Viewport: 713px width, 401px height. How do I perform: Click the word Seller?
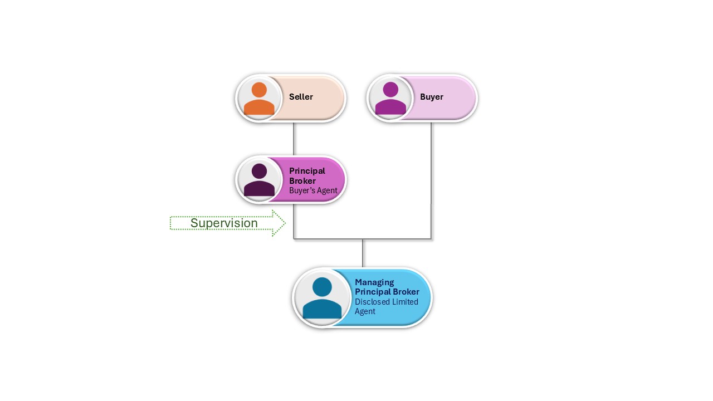301,97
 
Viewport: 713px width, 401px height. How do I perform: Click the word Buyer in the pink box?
432,97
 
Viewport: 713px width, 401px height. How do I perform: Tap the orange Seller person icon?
259,99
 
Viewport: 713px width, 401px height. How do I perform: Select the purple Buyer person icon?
390,99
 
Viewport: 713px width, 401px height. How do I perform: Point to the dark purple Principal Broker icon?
259,180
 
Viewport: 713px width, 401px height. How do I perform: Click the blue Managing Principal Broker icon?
322,299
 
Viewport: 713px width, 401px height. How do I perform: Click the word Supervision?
224,223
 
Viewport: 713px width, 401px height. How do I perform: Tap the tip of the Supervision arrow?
285,223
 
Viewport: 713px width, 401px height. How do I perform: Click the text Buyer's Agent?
313,190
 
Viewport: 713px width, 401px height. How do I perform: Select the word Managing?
374,282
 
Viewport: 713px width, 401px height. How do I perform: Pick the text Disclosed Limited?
387,302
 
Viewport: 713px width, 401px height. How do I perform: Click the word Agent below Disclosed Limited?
365,311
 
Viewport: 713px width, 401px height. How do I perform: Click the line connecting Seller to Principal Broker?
294,139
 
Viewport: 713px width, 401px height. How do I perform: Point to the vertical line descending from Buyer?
431,178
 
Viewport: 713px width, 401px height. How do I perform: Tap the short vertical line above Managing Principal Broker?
363,253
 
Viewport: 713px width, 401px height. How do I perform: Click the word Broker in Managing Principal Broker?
406,292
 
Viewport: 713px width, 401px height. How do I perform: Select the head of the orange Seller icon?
259,90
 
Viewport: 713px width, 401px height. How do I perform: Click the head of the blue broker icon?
322,287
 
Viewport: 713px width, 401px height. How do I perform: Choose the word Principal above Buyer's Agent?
307,171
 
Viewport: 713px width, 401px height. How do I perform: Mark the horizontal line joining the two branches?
362,239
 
